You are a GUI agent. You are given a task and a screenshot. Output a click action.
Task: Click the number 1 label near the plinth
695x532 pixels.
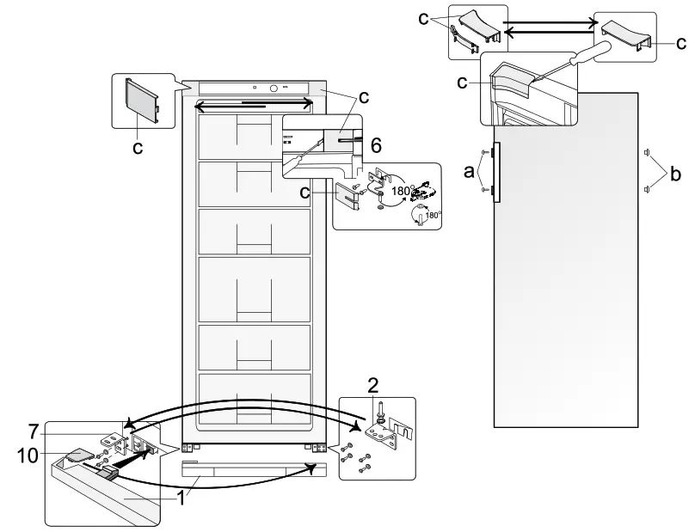[x=181, y=498]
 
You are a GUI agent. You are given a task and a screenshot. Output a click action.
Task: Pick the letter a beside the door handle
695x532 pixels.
[x=469, y=171]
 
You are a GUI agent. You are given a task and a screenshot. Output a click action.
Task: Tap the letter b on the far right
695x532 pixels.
[x=675, y=174]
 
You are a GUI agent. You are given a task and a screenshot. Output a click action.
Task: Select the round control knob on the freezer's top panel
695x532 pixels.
[x=274, y=88]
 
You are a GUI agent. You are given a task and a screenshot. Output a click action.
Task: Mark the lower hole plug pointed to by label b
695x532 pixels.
[x=646, y=189]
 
